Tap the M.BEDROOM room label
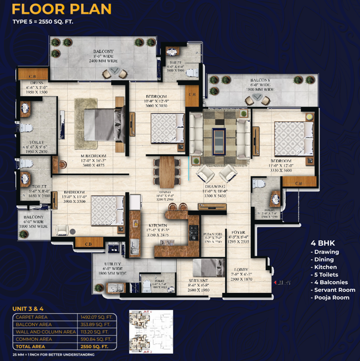click(x=94, y=157)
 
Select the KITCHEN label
click(x=158, y=225)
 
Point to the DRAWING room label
click(x=215, y=186)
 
